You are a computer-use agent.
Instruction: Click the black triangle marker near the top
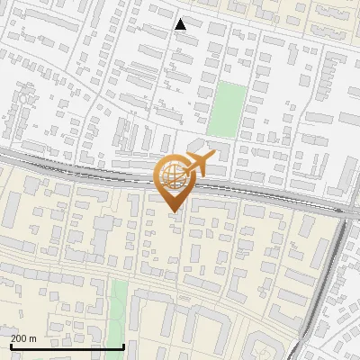point(181,24)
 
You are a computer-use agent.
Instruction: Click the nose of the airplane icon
point(213,157)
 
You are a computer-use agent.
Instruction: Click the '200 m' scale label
point(23,338)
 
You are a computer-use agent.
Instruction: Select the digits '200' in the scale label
point(19,338)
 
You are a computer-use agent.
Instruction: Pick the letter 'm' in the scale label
point(32,338)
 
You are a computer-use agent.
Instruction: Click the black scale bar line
point(67,346)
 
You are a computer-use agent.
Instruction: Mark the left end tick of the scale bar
point(11,345)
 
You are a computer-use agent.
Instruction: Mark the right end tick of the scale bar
point(123,345)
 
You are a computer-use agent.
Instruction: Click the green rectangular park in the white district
point(230,107)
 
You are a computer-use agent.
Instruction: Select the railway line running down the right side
point(326,288)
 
